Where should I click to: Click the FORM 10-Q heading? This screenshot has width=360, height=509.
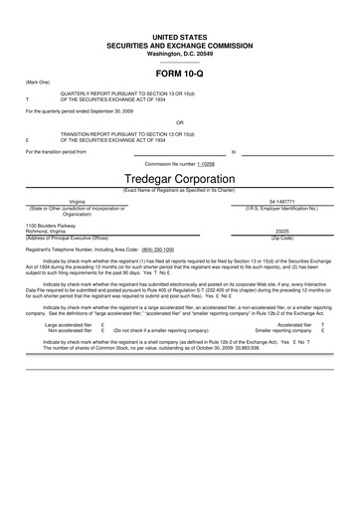pos(180,75)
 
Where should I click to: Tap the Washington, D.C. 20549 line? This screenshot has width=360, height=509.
pos(180,52)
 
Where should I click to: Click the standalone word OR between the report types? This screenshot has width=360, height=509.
pos(180,124)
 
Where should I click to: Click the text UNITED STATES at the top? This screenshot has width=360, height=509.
pos(180,36)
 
